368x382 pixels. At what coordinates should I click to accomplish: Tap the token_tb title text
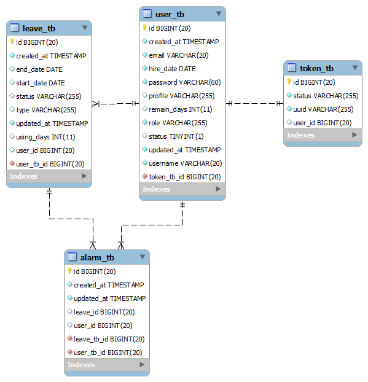pyautogui.click(x=316, y=68)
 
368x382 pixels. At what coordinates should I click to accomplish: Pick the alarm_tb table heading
pyautogui.click(x=97, y=257)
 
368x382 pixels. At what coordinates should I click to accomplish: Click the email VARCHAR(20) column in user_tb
pyautogui.click(x=178, y=55)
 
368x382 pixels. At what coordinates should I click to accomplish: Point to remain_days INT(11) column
pyautogui.click(x=180, y=109)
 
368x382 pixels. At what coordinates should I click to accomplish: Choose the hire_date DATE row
pyautogui.click(x=172, y=69)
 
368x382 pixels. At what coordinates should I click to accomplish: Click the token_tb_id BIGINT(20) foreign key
pyautogui.click(x=184, y=177)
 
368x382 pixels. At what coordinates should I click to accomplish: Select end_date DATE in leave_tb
pyautogui.click(x=39, y=69)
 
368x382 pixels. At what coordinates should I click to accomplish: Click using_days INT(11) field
pyautogui.click(x=45, y=137)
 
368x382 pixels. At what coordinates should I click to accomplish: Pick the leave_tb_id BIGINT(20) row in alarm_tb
pyautogui.click(x=109, y=339)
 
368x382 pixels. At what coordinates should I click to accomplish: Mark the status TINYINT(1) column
pyautogui.click(x=176, y=136)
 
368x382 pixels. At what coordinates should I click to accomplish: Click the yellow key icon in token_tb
pyautogui.click(x=289, y=82)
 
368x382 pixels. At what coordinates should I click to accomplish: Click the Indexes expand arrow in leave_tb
pyautogui.click(x=85, y=176)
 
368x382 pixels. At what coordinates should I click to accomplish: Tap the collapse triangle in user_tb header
pyautogui.click(x=218, y=14)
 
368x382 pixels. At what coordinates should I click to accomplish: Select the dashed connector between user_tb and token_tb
pyautogui.click(x=254, y=103)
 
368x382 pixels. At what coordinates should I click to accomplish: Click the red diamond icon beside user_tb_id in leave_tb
pyautogui.click(x=12, y=164)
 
